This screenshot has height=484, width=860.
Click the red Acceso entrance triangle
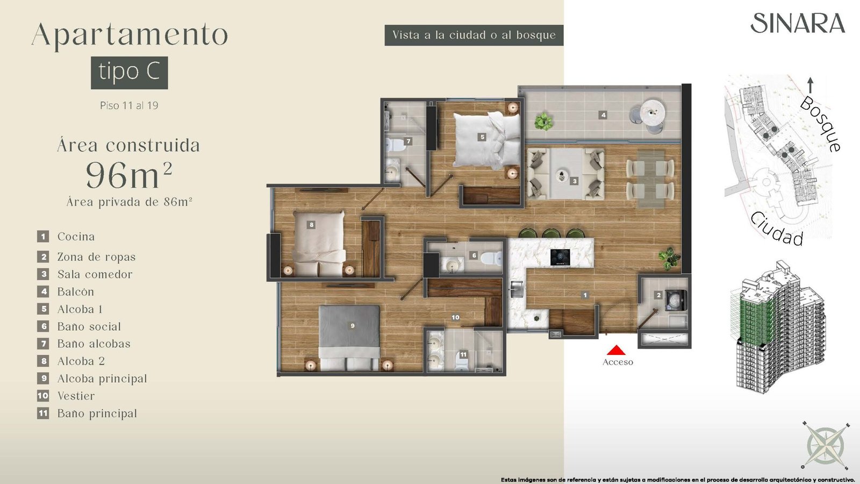click(x=616, y=350)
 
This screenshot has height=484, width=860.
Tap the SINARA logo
click(x=798, y=23)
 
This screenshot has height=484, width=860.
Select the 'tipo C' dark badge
click(x=130, y=73)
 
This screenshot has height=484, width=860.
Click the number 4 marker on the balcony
click(x=604, y=115)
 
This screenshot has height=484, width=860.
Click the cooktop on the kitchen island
click(x=560, y=258)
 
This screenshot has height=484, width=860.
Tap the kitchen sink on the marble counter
click(x=516, y=289)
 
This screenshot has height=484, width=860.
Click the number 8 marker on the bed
click(x=311, y=225)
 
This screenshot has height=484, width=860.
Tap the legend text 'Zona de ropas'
click(x=96, y=257)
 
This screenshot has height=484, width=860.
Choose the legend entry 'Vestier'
click(x=76, y=396)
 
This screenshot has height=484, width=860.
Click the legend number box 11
click(x=43, y=414)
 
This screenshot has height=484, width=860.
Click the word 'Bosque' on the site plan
click(x=820, y=123)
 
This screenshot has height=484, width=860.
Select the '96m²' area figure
click(x=129, y=175)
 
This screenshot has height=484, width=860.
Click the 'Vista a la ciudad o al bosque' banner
click(x=474, y=35)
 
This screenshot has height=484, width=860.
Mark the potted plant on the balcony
click(x=543, y=122)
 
